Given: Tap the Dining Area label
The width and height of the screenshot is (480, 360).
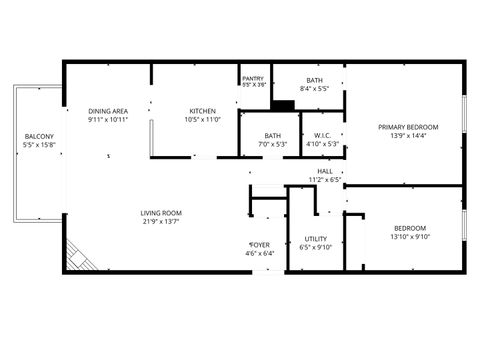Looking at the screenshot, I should click(107, 111).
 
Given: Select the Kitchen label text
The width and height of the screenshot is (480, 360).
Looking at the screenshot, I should click(202, 111).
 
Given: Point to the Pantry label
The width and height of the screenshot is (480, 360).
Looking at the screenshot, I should click(254, 79).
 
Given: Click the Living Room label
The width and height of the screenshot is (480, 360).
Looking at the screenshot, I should click(160, 213).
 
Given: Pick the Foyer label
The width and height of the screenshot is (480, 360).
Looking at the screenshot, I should click(259, 245).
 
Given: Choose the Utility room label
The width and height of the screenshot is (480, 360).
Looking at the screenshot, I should click(316, 239).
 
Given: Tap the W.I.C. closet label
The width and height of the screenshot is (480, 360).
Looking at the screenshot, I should click(322, 136).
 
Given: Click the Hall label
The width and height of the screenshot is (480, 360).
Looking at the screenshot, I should click(325, 172).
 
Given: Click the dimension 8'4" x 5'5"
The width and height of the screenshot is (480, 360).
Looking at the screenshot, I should click(314, 88).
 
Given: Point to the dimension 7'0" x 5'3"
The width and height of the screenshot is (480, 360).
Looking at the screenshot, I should click(273, 144).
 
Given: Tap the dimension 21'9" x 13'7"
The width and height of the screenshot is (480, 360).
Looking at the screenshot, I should click(160, 221).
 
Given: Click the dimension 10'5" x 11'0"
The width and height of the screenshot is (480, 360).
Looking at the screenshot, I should click(202, 120).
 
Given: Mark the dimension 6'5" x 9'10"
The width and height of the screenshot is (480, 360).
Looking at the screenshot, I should click(316, 248).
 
